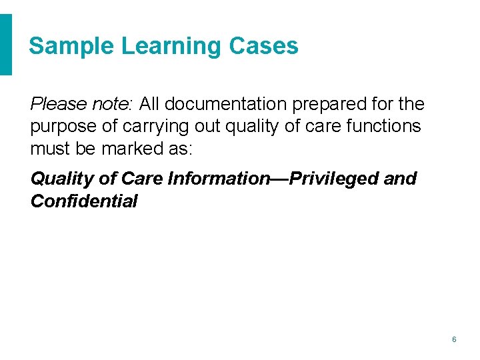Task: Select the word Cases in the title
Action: click(x=263, y=46)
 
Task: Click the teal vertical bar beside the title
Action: click(x=6, y=45)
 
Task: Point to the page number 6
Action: click(x=454, y=339)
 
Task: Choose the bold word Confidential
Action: click(x=84, y=201)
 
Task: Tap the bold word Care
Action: click(x=142, y=179)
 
